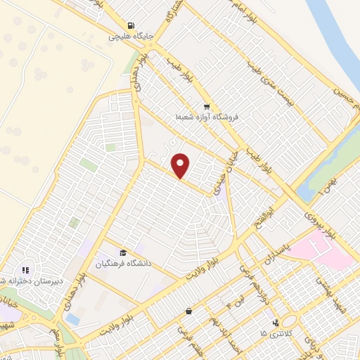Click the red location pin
point(181,165)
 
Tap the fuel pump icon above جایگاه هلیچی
point(131,26)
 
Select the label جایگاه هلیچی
point(131,37)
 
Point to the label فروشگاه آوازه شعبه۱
point(208,117)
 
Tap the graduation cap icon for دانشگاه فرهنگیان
point(123,253)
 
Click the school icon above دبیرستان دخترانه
point(25,269)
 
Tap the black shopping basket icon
point(188,310)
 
